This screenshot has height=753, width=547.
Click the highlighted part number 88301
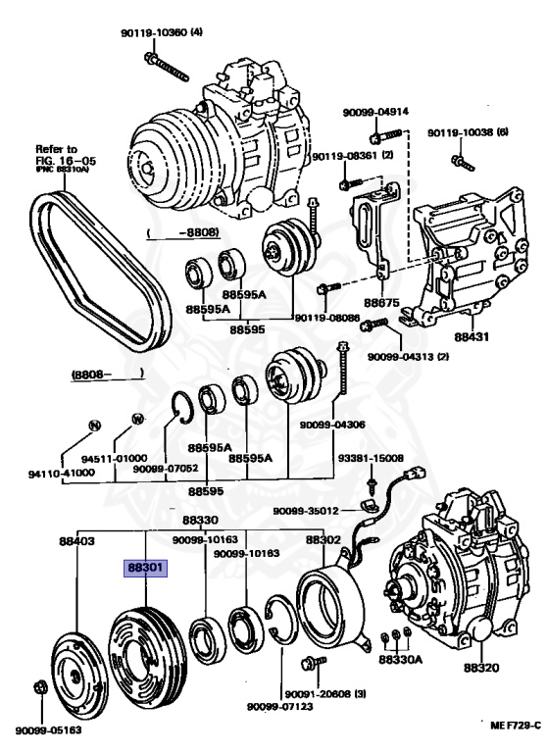pyautogui.click(x=145, y=569)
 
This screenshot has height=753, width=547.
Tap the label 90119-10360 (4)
pyautogui.click(x=162, y=32)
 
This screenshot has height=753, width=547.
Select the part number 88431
pyautogui.click(x=472, y=336)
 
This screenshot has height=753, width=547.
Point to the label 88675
pyautogui.click(x=381, y=303)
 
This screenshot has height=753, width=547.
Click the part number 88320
pyautogui.click(x=481, y=668)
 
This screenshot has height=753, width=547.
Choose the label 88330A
pyautogui.click(x=401, y=659)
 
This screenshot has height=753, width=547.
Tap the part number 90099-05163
pyautogui.click(x=48, y=730)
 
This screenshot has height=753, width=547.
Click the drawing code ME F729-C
pyautogui.click(x=516, y=726)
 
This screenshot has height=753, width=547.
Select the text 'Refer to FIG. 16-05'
pyautogui.click(x=66, y=155)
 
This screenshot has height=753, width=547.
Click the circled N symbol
pyautogui.click(x=95, y=425)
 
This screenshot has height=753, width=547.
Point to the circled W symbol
pyautogui.click(x=138, y=419)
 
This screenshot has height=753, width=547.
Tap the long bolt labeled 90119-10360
pyautogui.click(x=167, y=67)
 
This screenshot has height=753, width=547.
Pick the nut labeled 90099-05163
pyautogui.click(x=41, y=687)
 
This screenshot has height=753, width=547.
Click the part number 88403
pyautogui.click(x=76, y=541)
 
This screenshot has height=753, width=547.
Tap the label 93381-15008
pyautogui.click(x=371, y=458)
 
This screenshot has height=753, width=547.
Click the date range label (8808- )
pyautogui.click(x=108, y=374)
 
